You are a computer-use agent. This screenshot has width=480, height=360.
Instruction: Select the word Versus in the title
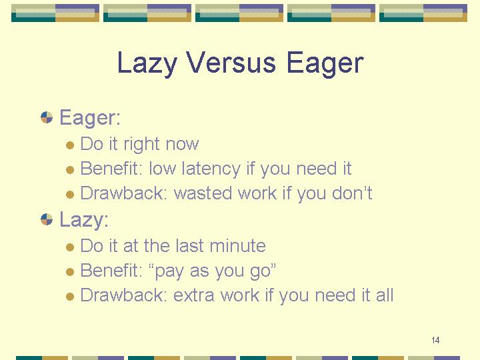pos(231,63)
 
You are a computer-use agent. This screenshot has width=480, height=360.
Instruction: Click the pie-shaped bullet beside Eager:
pos(47,117)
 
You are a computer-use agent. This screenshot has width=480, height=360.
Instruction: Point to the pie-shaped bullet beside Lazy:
pos(47,219)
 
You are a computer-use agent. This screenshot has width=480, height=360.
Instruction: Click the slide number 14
pos(435,340)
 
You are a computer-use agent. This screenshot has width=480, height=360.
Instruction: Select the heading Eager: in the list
pos(90,117)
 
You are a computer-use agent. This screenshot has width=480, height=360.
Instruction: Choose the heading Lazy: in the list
pos(84,219)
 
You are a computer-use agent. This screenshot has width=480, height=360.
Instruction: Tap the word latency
pos(211,169)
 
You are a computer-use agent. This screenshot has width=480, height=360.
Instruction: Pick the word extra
pos(193,295)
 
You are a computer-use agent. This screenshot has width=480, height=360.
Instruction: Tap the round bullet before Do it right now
pos(70,145)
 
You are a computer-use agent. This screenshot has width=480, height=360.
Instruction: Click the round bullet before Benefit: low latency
pos(70,169)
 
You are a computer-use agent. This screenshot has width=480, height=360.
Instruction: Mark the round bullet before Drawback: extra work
pos(70,296)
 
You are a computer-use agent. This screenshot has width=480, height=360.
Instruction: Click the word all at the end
pos(385,295)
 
